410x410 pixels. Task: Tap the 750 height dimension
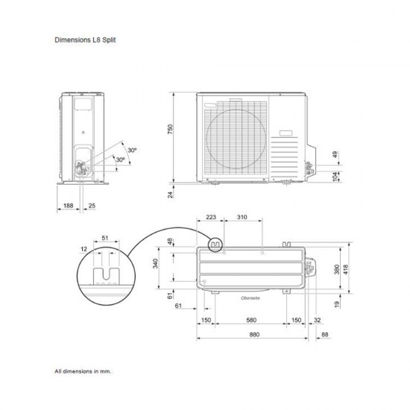click(170, 130)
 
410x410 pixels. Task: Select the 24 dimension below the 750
click(170, 195)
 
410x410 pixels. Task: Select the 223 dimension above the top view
click(210, 218)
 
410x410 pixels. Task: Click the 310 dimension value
click(242, 218)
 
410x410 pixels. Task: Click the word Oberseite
click(249, 297)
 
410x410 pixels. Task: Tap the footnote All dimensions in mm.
click(83, 370)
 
